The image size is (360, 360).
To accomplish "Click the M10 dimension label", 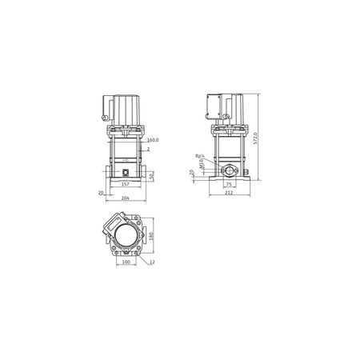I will pos(201,166).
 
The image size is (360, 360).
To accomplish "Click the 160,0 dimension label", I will pos(152,141).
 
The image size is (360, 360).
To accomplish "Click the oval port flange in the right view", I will pos(230,170).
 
